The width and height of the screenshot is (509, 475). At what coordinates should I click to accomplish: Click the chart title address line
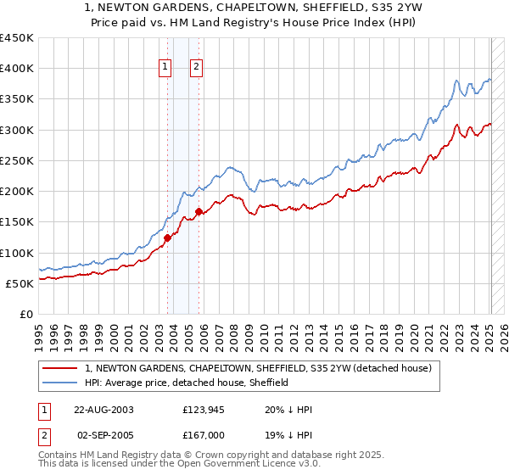coord(254,8)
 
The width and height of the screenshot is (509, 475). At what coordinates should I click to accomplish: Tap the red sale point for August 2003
coord(168,237)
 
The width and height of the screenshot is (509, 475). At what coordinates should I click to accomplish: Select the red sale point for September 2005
coord(199,211)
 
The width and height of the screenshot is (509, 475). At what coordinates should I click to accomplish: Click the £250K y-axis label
coord(17,160)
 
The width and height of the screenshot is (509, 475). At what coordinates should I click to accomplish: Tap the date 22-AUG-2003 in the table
coord(103,409)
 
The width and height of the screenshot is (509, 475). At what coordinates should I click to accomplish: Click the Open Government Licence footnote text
coord(178,466)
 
